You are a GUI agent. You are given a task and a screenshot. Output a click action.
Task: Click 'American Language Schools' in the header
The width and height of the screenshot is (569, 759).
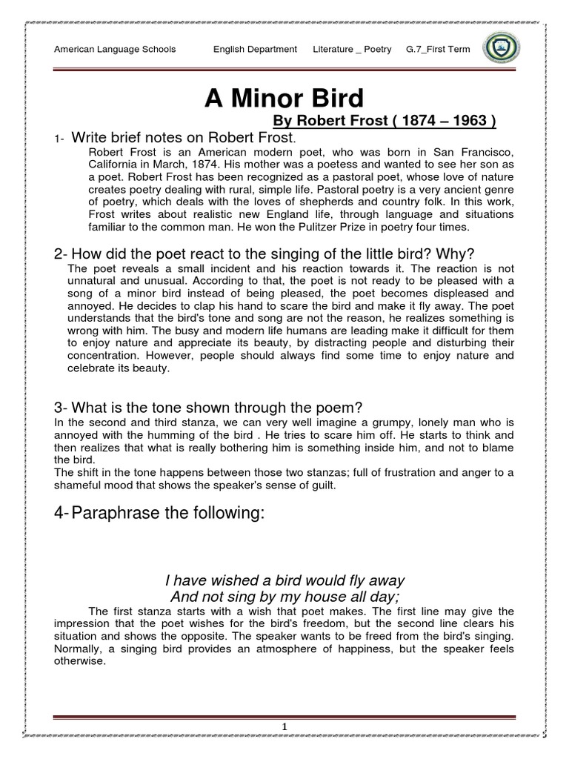116,50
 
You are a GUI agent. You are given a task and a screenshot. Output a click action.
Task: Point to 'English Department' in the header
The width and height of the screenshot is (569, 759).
255,50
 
